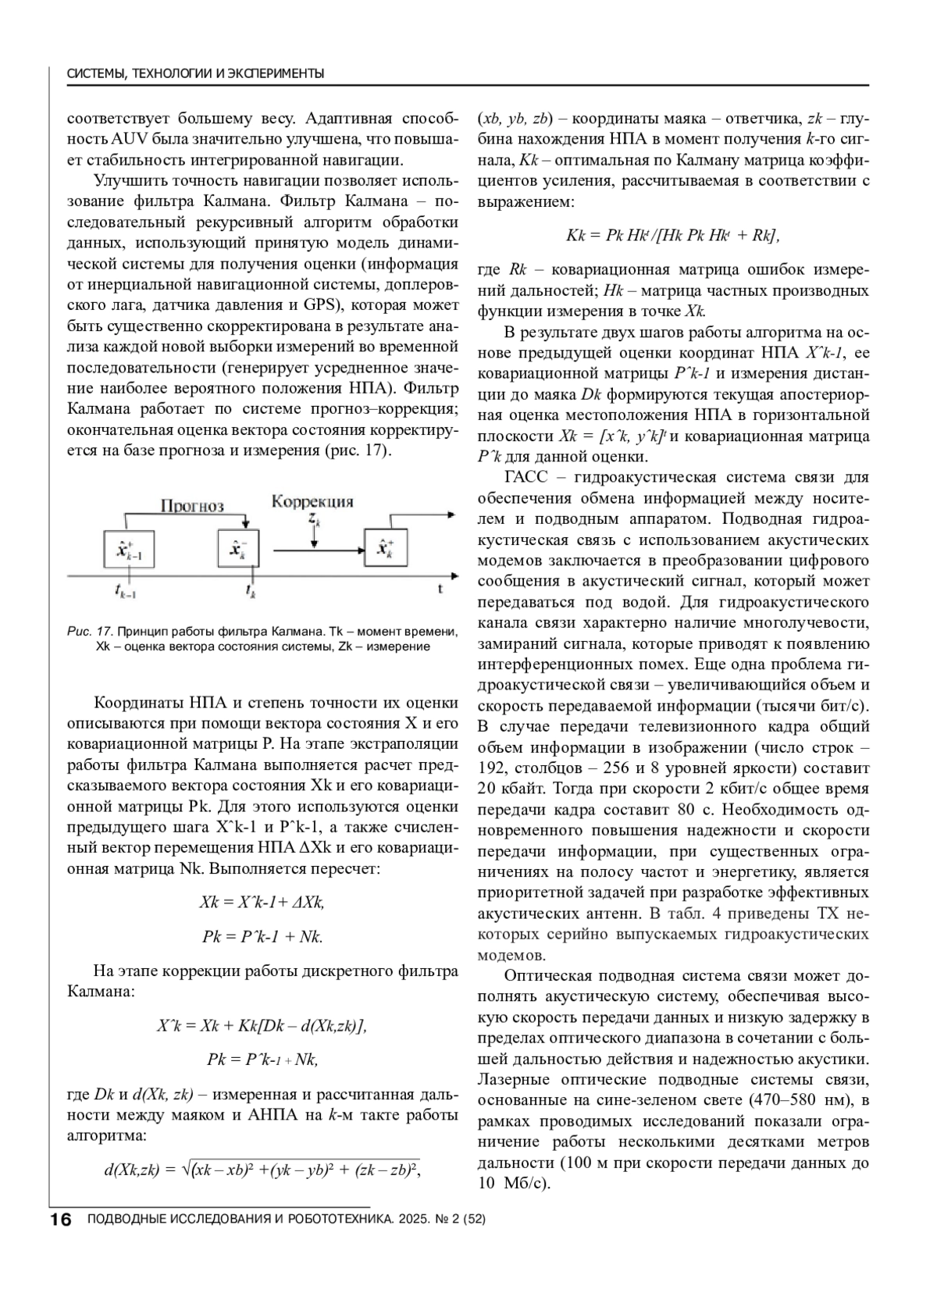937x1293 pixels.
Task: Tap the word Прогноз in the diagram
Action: (192, 505)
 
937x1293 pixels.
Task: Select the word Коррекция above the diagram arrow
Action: (312, 501)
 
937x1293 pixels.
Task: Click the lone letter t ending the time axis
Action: (440, 588)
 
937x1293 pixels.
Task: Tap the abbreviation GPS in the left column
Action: (320, 304)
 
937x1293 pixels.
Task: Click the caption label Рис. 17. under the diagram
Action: (91, 630)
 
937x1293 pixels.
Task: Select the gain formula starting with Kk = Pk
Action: (672, 235)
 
